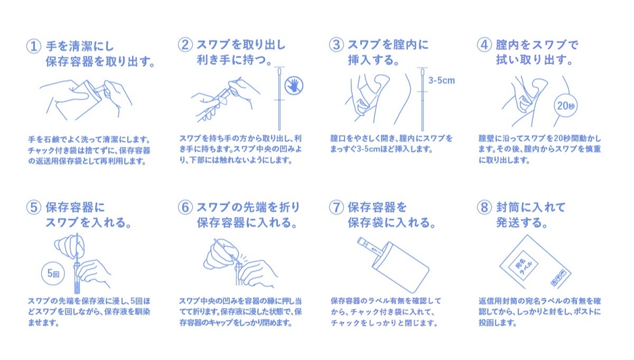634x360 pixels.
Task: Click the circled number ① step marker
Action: click(x=34, y=46)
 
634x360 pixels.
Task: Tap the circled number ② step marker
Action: click(x=185, y=44)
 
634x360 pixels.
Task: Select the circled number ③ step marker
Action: click(x=336, y=44)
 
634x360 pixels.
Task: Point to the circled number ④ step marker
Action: click(x=484, y=44)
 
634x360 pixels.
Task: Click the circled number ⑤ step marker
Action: click(x=34, y=207)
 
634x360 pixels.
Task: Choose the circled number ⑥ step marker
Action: click(x=185, y=207)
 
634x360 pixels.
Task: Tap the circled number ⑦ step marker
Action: click(x=336, y=207)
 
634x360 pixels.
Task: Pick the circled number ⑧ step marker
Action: click(x=484, y=207)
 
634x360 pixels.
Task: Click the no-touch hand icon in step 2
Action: click(x=294, y=85)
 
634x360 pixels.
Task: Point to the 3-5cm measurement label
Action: click(x=442, y=80)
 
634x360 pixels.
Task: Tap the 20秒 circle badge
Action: click(x=566, y=106)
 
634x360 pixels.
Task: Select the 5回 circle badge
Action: click(x=53, y=274)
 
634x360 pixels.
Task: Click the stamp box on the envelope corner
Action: click(x=560, y=278)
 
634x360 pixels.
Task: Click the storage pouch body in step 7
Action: click(x=400, y=267)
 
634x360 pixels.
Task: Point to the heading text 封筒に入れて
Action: click(x=531, y=207)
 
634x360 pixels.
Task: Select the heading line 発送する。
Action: click(x=522, y=222)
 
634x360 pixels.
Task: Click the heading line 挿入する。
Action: click(x=374, y=60)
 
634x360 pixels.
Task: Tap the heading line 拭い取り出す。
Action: click(x=535, y=60)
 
